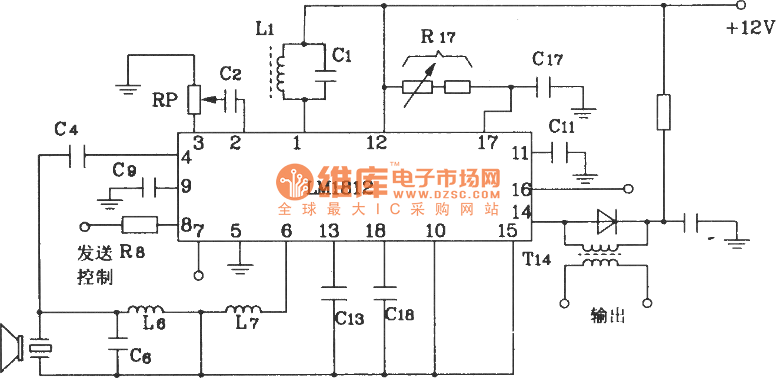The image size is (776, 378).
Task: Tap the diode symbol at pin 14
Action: (x=607, y=222)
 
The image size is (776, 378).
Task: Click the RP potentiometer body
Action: (x=194, y=101)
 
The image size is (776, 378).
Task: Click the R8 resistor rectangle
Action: (x=140, y=225)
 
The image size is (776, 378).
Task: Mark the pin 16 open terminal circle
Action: (x=628, y=189)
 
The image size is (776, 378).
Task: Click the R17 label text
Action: (x=438, y=38)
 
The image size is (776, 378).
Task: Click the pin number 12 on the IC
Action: (x=377, y=143)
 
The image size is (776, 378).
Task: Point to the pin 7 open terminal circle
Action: (x=198, y=275)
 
